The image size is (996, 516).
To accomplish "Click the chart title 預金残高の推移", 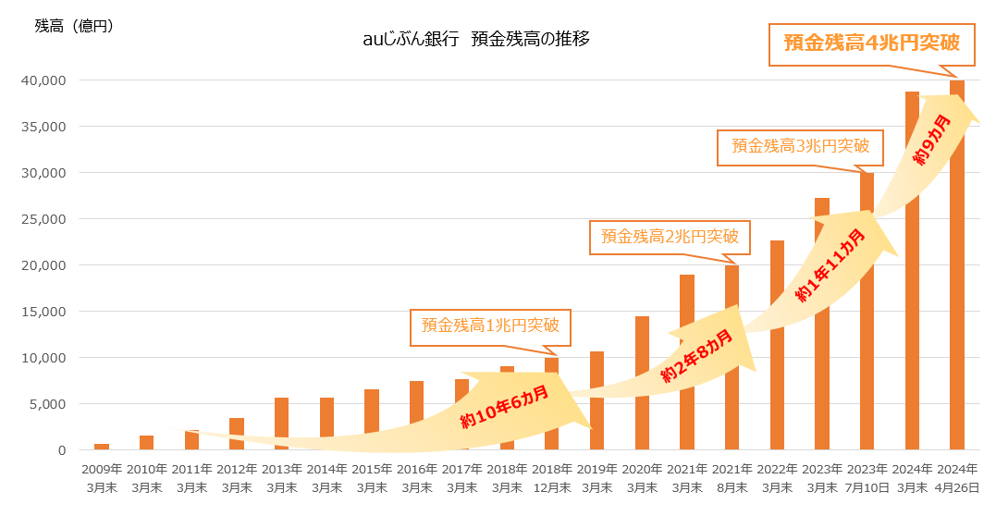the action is click(531, 40).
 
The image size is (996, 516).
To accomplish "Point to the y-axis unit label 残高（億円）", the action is click(74, 26).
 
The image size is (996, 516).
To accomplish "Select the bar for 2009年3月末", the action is click(102, 447).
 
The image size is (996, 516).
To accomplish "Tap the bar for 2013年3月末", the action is click(281, 424).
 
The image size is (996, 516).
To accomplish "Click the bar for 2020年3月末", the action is click(642, 383).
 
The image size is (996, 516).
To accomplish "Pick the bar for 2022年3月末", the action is click(777, 345).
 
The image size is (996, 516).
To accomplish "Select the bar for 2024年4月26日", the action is click(957, 265).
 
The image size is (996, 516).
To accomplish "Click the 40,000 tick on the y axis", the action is click(45, 80).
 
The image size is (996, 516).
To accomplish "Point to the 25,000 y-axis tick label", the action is click(45, 219).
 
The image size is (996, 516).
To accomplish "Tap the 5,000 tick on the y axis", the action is click(48, 404).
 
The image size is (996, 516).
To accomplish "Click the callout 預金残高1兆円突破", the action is click(490, 326).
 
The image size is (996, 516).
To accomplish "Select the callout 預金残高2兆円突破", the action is click(670, 237).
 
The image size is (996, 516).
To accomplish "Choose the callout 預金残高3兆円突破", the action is click(800, 146).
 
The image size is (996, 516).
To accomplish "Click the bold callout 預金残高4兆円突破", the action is click(871, 43).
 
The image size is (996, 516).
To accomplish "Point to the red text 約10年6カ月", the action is click(504, 406).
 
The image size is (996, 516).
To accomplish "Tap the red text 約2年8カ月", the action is click(696, 355).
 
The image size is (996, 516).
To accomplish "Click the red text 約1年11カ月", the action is click(830, 265).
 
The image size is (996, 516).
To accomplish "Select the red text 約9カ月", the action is click(932, 141).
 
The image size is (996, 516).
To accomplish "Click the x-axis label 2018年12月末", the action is click(552, 478).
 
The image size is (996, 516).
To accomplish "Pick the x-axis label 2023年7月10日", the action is click(867, 478).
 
